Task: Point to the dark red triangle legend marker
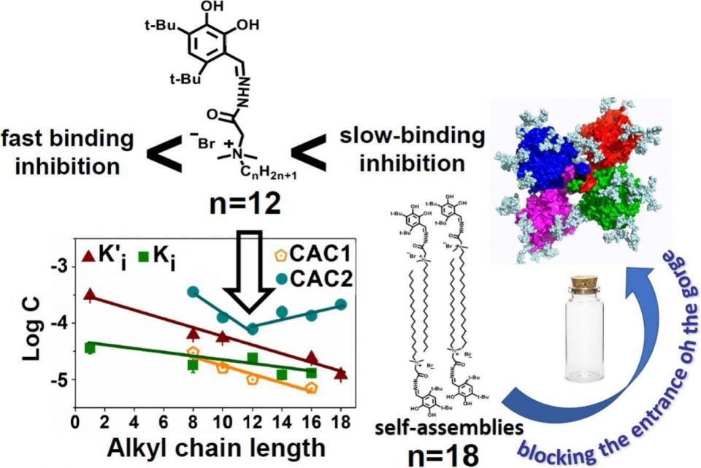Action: click(88, 256)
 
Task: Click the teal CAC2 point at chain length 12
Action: click(252, 329)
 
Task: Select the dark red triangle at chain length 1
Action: click(90, 295)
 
